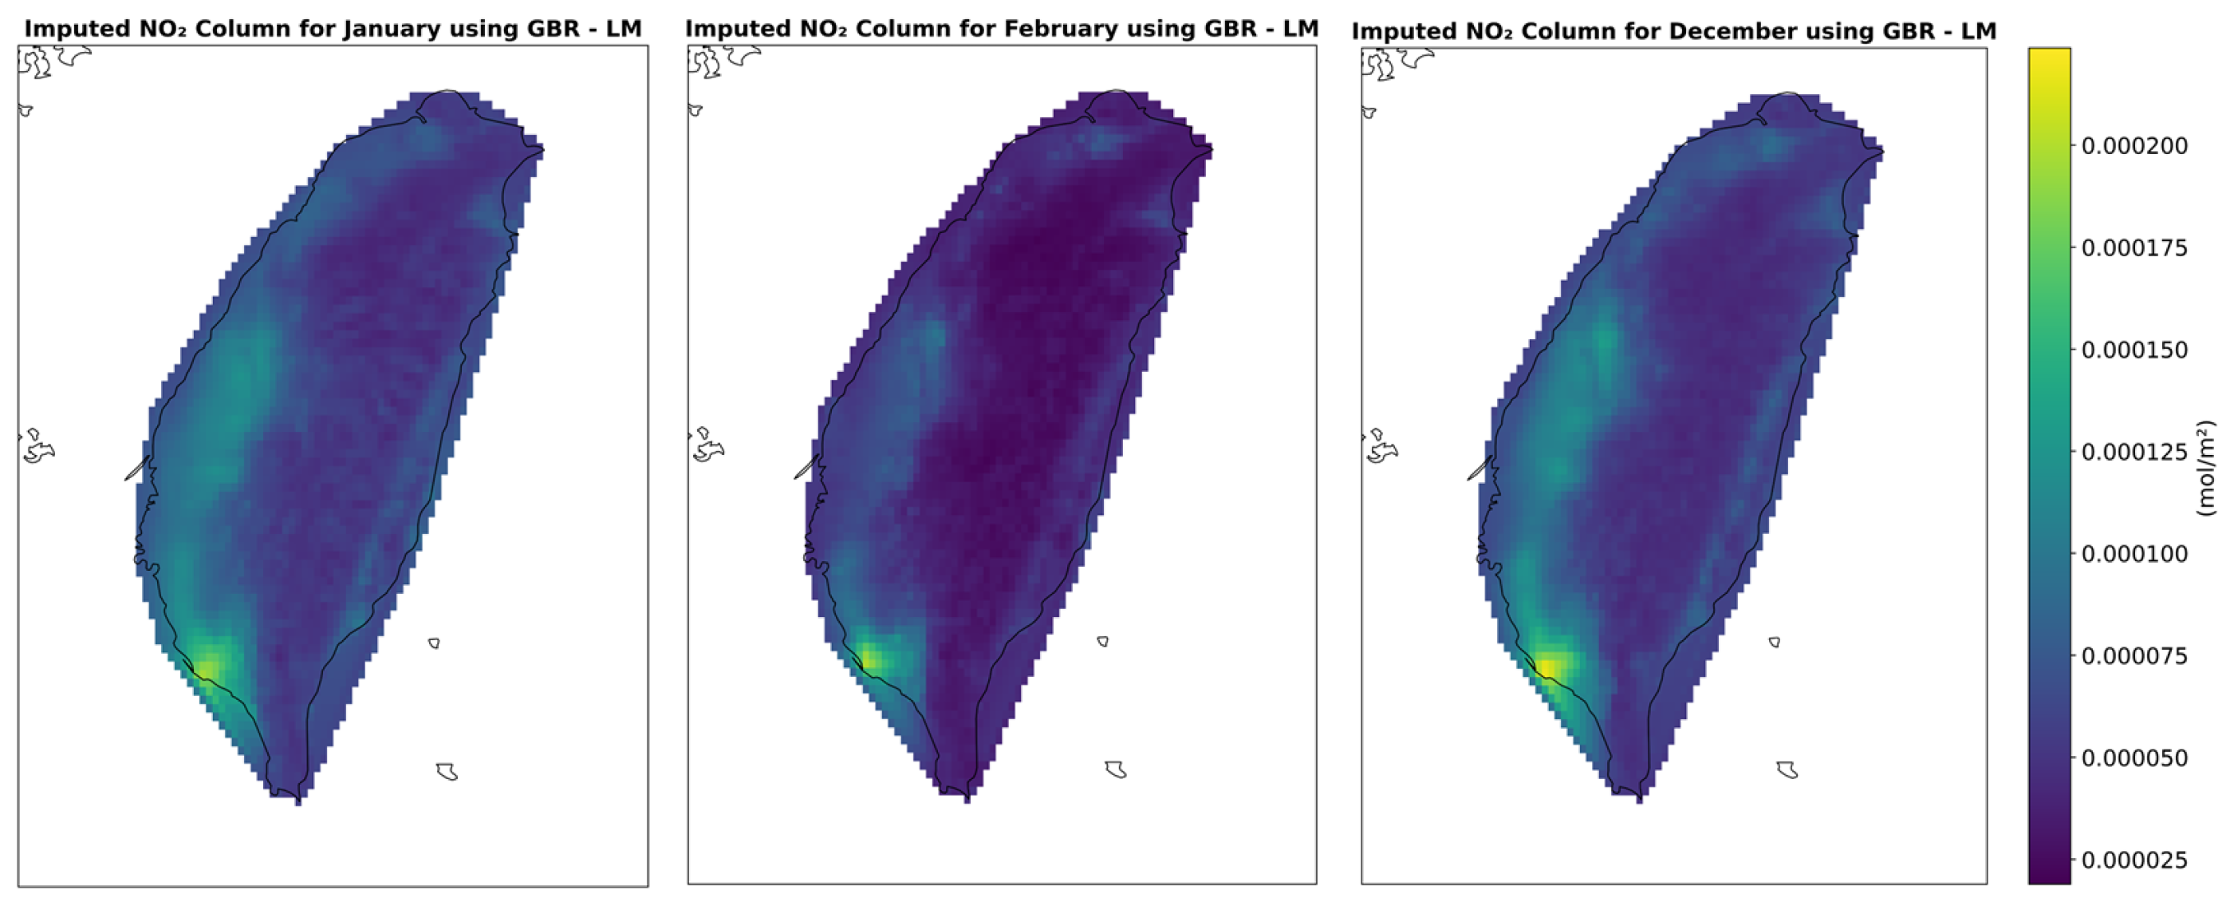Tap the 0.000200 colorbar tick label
point(2134,145)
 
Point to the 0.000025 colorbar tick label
point(2134,860)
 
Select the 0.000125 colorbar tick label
point(2134,452)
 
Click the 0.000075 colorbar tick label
point(2134,655)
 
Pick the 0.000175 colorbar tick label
point(2134,247)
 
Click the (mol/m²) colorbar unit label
point(2207,468)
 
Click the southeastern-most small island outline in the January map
point(447,771)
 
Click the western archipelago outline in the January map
point(37,445)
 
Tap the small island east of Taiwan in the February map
point(1103,642)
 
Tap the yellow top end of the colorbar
point(2049,61)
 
